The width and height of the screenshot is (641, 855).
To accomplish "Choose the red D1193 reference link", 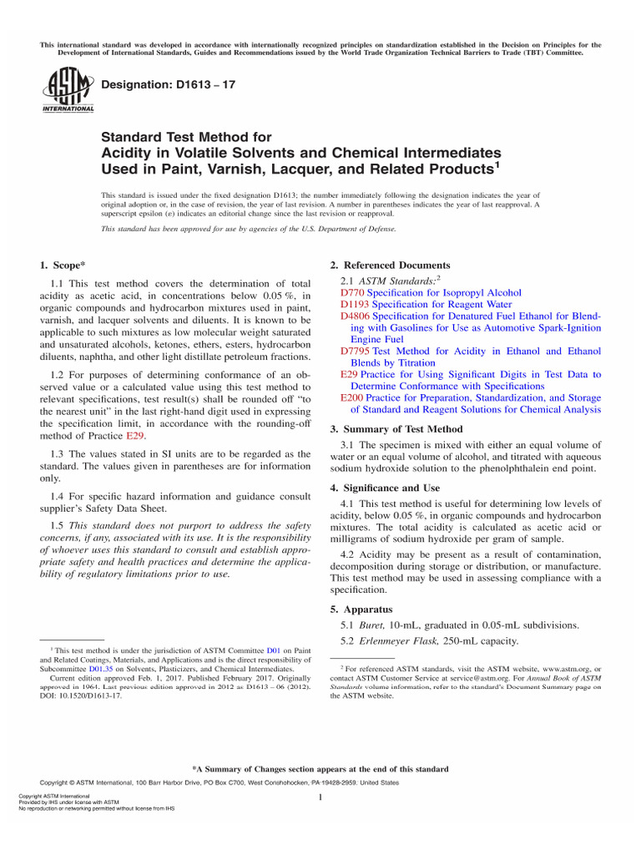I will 356,305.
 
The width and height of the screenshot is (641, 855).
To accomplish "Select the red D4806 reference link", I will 356,316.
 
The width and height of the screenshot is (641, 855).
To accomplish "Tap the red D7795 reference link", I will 356,352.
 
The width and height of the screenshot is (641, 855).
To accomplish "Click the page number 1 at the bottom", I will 320,798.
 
